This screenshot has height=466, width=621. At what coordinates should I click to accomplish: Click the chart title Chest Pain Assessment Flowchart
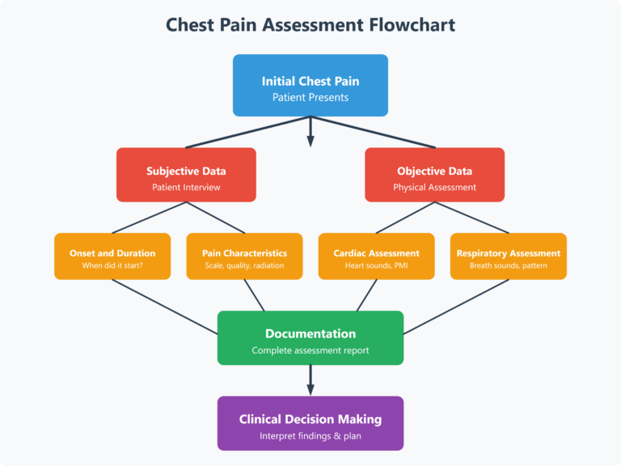310,24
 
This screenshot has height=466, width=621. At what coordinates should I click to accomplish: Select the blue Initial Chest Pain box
310,86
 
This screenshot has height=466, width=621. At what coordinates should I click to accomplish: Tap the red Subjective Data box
186,175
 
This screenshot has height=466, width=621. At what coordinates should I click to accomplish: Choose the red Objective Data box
434,175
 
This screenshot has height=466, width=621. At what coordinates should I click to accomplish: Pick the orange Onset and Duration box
112,256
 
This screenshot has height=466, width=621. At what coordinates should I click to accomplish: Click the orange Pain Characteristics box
244,256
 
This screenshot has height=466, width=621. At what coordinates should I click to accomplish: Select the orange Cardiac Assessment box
376,256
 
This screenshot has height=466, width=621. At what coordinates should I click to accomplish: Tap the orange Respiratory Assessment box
508,256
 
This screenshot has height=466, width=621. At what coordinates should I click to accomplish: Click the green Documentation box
310,338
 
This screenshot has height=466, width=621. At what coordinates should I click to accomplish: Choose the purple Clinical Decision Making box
310,423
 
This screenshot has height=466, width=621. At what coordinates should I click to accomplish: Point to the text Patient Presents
310,98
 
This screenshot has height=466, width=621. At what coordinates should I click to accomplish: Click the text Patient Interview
186,188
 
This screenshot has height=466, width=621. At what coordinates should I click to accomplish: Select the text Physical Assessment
434,188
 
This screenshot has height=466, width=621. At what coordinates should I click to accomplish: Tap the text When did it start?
112,266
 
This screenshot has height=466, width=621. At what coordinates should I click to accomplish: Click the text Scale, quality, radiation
244,266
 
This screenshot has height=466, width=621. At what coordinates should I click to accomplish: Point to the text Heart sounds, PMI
376,266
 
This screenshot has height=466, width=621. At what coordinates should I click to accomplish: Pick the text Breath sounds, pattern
508,266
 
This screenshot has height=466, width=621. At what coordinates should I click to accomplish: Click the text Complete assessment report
310,351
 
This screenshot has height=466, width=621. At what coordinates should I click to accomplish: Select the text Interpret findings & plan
310,436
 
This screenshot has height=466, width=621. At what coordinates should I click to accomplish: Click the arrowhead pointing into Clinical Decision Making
310,391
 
